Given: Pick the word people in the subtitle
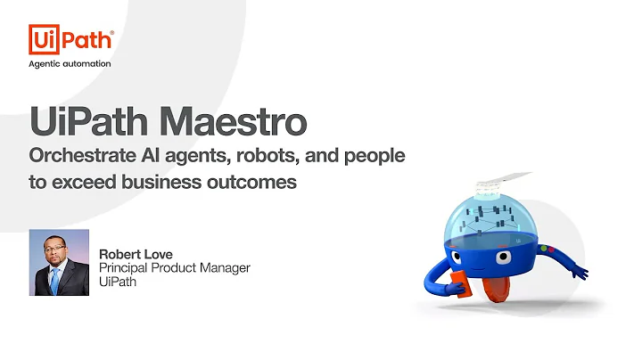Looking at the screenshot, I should coord(374,156).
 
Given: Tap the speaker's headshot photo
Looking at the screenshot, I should coord(60,263).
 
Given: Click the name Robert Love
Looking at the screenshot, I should coord(136,253).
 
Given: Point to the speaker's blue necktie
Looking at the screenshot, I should coord(55,281).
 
